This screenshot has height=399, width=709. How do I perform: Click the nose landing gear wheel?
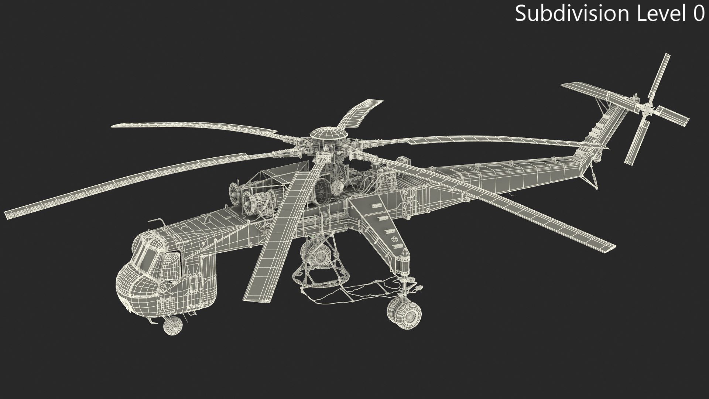click(172, 325)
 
